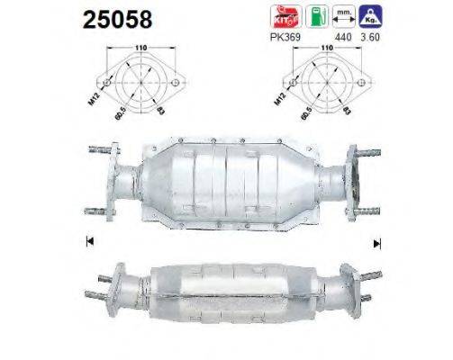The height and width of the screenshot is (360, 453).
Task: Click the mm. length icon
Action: tap(340, 15)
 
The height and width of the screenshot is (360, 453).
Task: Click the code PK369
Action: tap(285, 36)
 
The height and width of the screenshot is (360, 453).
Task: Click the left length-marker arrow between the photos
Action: tap(88, 240)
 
